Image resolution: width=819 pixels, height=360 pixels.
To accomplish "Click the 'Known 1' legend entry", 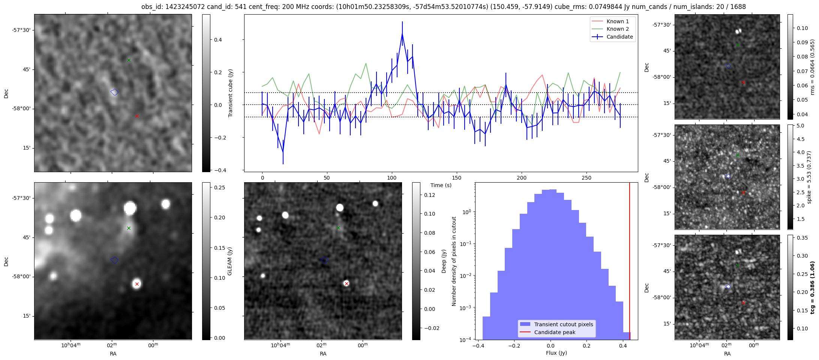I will tap(617, 21).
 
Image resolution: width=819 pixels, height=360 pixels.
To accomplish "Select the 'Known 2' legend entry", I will tap(617, 29).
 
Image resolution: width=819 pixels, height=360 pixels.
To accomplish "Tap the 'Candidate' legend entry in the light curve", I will tap(619, 37).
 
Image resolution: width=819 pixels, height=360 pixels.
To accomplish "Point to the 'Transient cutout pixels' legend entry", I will tap(563, 324).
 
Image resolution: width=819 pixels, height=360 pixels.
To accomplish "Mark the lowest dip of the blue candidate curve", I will tap(283, 152).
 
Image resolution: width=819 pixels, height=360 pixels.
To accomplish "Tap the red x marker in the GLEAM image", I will tap(137, 284).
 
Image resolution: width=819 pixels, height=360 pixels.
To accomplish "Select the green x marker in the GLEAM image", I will tap(129, 228).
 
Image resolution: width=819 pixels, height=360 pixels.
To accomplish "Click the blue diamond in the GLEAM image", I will tap(114, 260).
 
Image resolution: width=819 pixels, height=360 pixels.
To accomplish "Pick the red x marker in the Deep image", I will tap(346, 283).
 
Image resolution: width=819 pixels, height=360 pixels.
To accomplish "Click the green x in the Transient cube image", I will tap(129, 60).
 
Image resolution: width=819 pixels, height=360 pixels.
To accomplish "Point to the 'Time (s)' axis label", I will tap(441, 185).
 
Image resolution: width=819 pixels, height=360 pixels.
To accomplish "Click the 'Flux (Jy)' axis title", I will tap(556, 353).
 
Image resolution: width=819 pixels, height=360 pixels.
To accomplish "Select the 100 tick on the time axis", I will tap(392, 178).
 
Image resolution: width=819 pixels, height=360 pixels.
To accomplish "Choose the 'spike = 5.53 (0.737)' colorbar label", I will tap(809, 177).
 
